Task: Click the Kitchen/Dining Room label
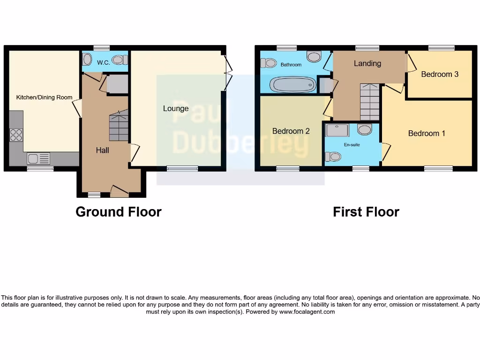pyautogui.click(x=44, y=97)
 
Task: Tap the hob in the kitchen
pyautogui.click(x=16, y=135)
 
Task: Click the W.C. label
pyautogui.click(x=103, y=62)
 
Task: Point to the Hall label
pyautogui.click(x=102, y=150)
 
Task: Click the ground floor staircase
pyautogui.click(x=119, y=126)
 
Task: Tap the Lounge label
pyautogui.click(x=176, y=109)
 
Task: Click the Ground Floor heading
pyautogui.click(x=119, y=212)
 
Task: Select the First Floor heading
pyautogui.click(x=366, y=212)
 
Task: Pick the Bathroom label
pyautogui.click(x=291, y=65)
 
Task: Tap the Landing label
pyautogui.click(x=367, y=63)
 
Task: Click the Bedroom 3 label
pyautogui.click(x=439, y=74)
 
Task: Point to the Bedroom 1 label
pyautogui.click(x=427, y=134)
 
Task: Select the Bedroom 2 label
pyautogui.click(x=291, y=131)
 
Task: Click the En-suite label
pyautogui.click(x=352, y=145)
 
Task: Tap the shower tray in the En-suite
pyautogui.click(x=337, y=130)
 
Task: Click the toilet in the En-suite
pyautogui.click(x=334, y=157)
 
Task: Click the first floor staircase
pyautogui.click(x=370, y=102)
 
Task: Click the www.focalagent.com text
pyautogui.click(x=307, y=312)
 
